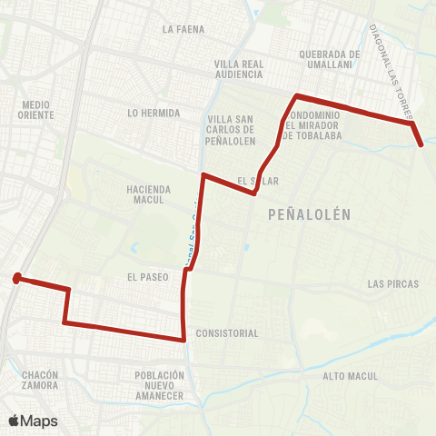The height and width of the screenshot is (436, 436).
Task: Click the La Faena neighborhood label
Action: pyautogui.click(x=183, y=29)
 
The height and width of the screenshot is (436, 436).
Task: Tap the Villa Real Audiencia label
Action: pyautogui.click(x=238, y=69)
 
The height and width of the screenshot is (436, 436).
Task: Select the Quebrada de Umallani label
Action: pyautogui.click(x=330, y=59)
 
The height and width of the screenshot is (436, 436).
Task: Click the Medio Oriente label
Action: pyautogui.click(x=36, y=110)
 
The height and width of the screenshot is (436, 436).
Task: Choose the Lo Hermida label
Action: pyautogui.click(x=154, y=114)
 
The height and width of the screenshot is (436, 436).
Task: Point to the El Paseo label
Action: pyautogui.click(x=148, y=276)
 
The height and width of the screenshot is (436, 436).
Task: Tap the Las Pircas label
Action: pyautogui.click(x=393, y=284)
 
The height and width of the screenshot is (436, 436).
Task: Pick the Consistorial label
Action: pyautogui.click(x=226, y=333)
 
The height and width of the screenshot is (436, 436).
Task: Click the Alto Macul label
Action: pyautogui.click(x=349, y=375)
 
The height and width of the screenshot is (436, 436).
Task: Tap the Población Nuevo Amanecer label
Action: pyautogui.click(x=159, y=385)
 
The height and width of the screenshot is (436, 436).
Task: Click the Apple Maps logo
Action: pyautogui.click(x=33, y=420)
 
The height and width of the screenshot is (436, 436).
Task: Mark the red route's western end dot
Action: pyautogui.click(x=16, y=279)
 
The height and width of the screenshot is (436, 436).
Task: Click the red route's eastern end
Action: pyautogui.click(x=421, y=144)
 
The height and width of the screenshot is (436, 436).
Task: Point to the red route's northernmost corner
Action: pyautogui.click(x=295, y=95)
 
